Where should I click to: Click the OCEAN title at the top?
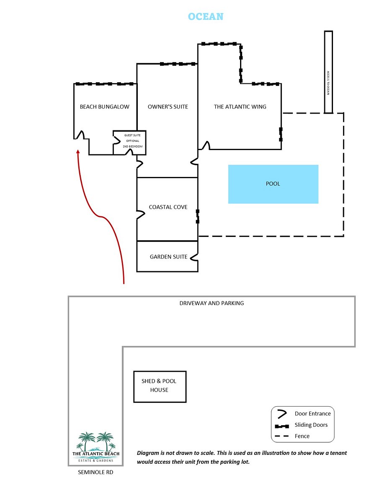[x=206, y=16]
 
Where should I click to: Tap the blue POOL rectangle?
[x=273, y=184]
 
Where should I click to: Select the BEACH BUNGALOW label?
[x=105, y=107]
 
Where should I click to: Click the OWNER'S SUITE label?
[x=168, y=107]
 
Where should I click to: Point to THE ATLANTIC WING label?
[x=240, y=107]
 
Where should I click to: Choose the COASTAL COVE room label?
[x=168, y=207]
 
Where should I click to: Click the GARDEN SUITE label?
[x=168, y=257]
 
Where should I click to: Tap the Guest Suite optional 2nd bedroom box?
[x=129, y=143]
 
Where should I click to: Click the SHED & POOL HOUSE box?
[x=160, y=387]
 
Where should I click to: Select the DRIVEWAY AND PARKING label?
[x=212, y=303]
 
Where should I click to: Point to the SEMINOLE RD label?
[x=96, y=472]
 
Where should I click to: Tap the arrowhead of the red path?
[x=78, y=152]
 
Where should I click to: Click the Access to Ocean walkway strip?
[x=328, y=72]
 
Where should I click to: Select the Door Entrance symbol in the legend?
[x=282, y=414]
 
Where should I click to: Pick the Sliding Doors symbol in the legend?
[x=282, y=426]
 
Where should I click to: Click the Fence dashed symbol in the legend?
[x=282, y=436]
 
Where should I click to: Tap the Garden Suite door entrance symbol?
[x=194, y=257]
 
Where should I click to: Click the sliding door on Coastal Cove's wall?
[x=198, y=216]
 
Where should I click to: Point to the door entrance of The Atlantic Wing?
[x=206, y=145]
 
